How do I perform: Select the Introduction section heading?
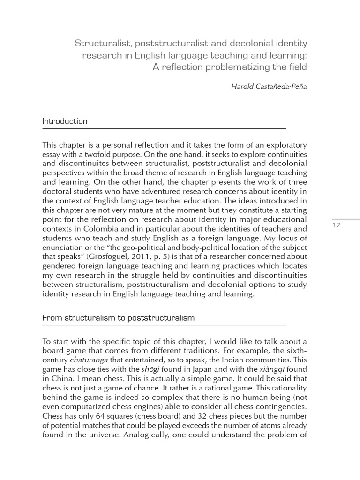65,121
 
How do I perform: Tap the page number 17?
336,225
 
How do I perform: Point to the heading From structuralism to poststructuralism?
118,318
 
